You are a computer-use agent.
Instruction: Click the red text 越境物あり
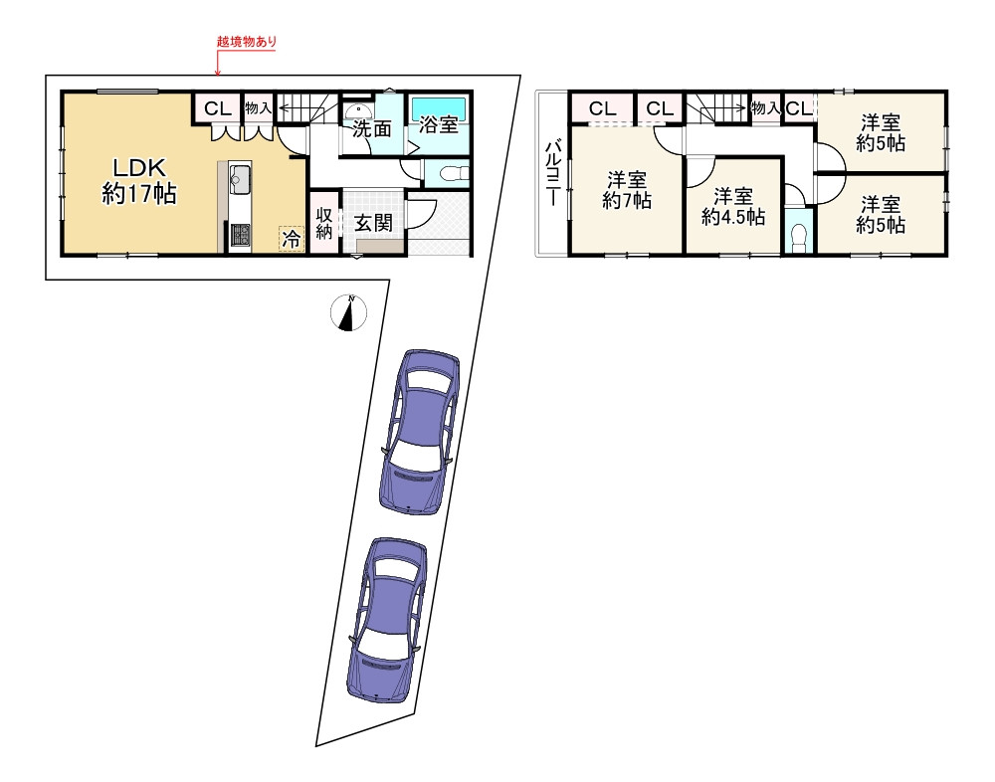coord(247,42)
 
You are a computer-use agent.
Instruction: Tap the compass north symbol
coord(348,313)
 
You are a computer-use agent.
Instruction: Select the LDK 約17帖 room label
coord(139,181)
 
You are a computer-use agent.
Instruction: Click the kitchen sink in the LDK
coord(239,180)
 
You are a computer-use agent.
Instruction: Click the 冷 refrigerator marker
coord(292,239)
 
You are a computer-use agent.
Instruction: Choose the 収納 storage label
coord(324,223)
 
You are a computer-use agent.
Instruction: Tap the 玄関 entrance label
coord(373,223)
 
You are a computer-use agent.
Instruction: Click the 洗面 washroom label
coord(372,129)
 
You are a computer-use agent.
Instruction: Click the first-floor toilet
coord(453,173)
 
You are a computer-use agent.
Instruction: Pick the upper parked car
coord(419,432)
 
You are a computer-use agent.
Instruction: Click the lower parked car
coord(387,620)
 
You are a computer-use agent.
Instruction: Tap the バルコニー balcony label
coord(552,173)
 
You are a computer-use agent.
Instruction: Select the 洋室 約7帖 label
coord(626,190)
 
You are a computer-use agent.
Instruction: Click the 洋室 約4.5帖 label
coord(733,206)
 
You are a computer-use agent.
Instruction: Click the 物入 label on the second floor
coord(765,107)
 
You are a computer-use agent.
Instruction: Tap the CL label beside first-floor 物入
coord(218,108)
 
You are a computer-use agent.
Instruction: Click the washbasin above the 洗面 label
coord(357,108)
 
